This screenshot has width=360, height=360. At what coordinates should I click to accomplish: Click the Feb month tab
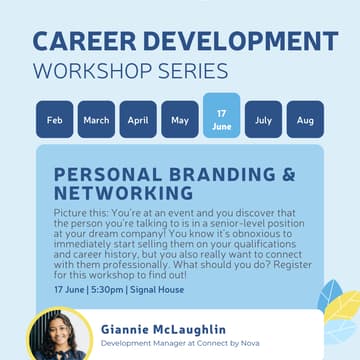(x=54, y=120)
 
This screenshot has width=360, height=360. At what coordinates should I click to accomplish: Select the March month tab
(x=96, y=120)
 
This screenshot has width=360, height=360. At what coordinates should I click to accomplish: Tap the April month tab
(x=138, y=120)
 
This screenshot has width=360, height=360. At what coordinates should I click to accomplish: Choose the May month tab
(x=179, y=120)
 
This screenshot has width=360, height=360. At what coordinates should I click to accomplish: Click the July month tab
(x=263, y=120)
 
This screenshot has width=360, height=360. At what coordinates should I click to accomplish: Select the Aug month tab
(x=305, y=120)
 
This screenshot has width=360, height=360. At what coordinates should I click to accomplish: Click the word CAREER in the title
(x=85, y=41)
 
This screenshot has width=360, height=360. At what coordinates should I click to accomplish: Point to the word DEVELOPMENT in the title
(x=233, y=41)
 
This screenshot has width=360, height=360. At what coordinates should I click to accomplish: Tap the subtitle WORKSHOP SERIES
(x=130, y=72)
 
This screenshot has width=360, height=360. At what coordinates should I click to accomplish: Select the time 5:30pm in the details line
(x=107, y=289)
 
